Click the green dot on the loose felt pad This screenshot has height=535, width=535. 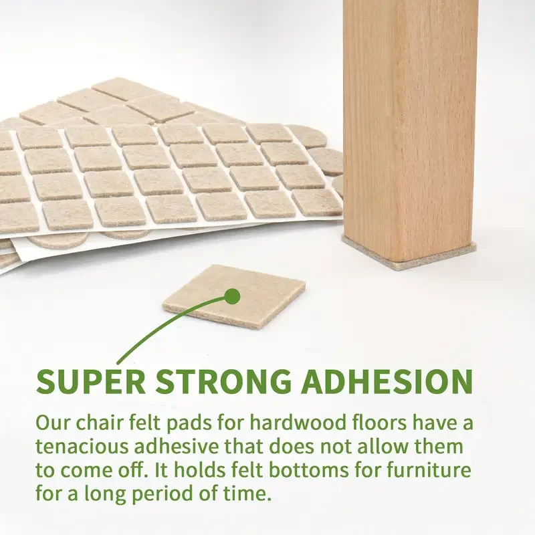pos(232,295)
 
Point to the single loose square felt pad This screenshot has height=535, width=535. pos(261,304)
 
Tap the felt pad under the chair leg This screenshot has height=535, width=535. pos(409,257)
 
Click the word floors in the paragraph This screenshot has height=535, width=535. pos(364,423)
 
